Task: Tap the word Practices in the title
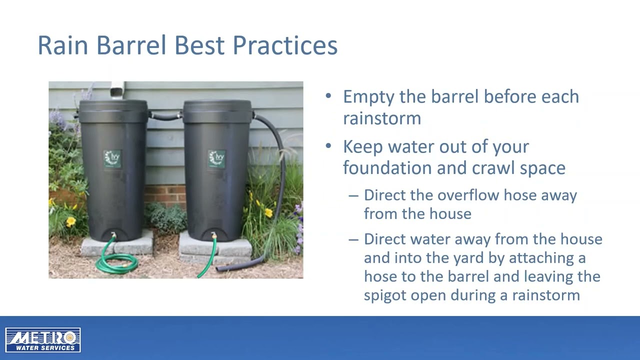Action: (284, 45)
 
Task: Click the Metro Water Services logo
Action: (43, 340)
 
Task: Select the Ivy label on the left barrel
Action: (112, 158)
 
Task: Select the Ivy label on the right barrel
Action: (216, 158)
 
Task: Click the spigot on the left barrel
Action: (114, 235)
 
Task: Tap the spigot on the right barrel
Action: (214, 235)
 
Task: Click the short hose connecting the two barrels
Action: (165, 117)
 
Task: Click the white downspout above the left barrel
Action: (116, 90)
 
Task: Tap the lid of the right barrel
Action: (217, 106)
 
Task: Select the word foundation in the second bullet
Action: (387, 167)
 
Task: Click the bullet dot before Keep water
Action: (328, 146)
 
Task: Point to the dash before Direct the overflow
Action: (353, 195)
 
